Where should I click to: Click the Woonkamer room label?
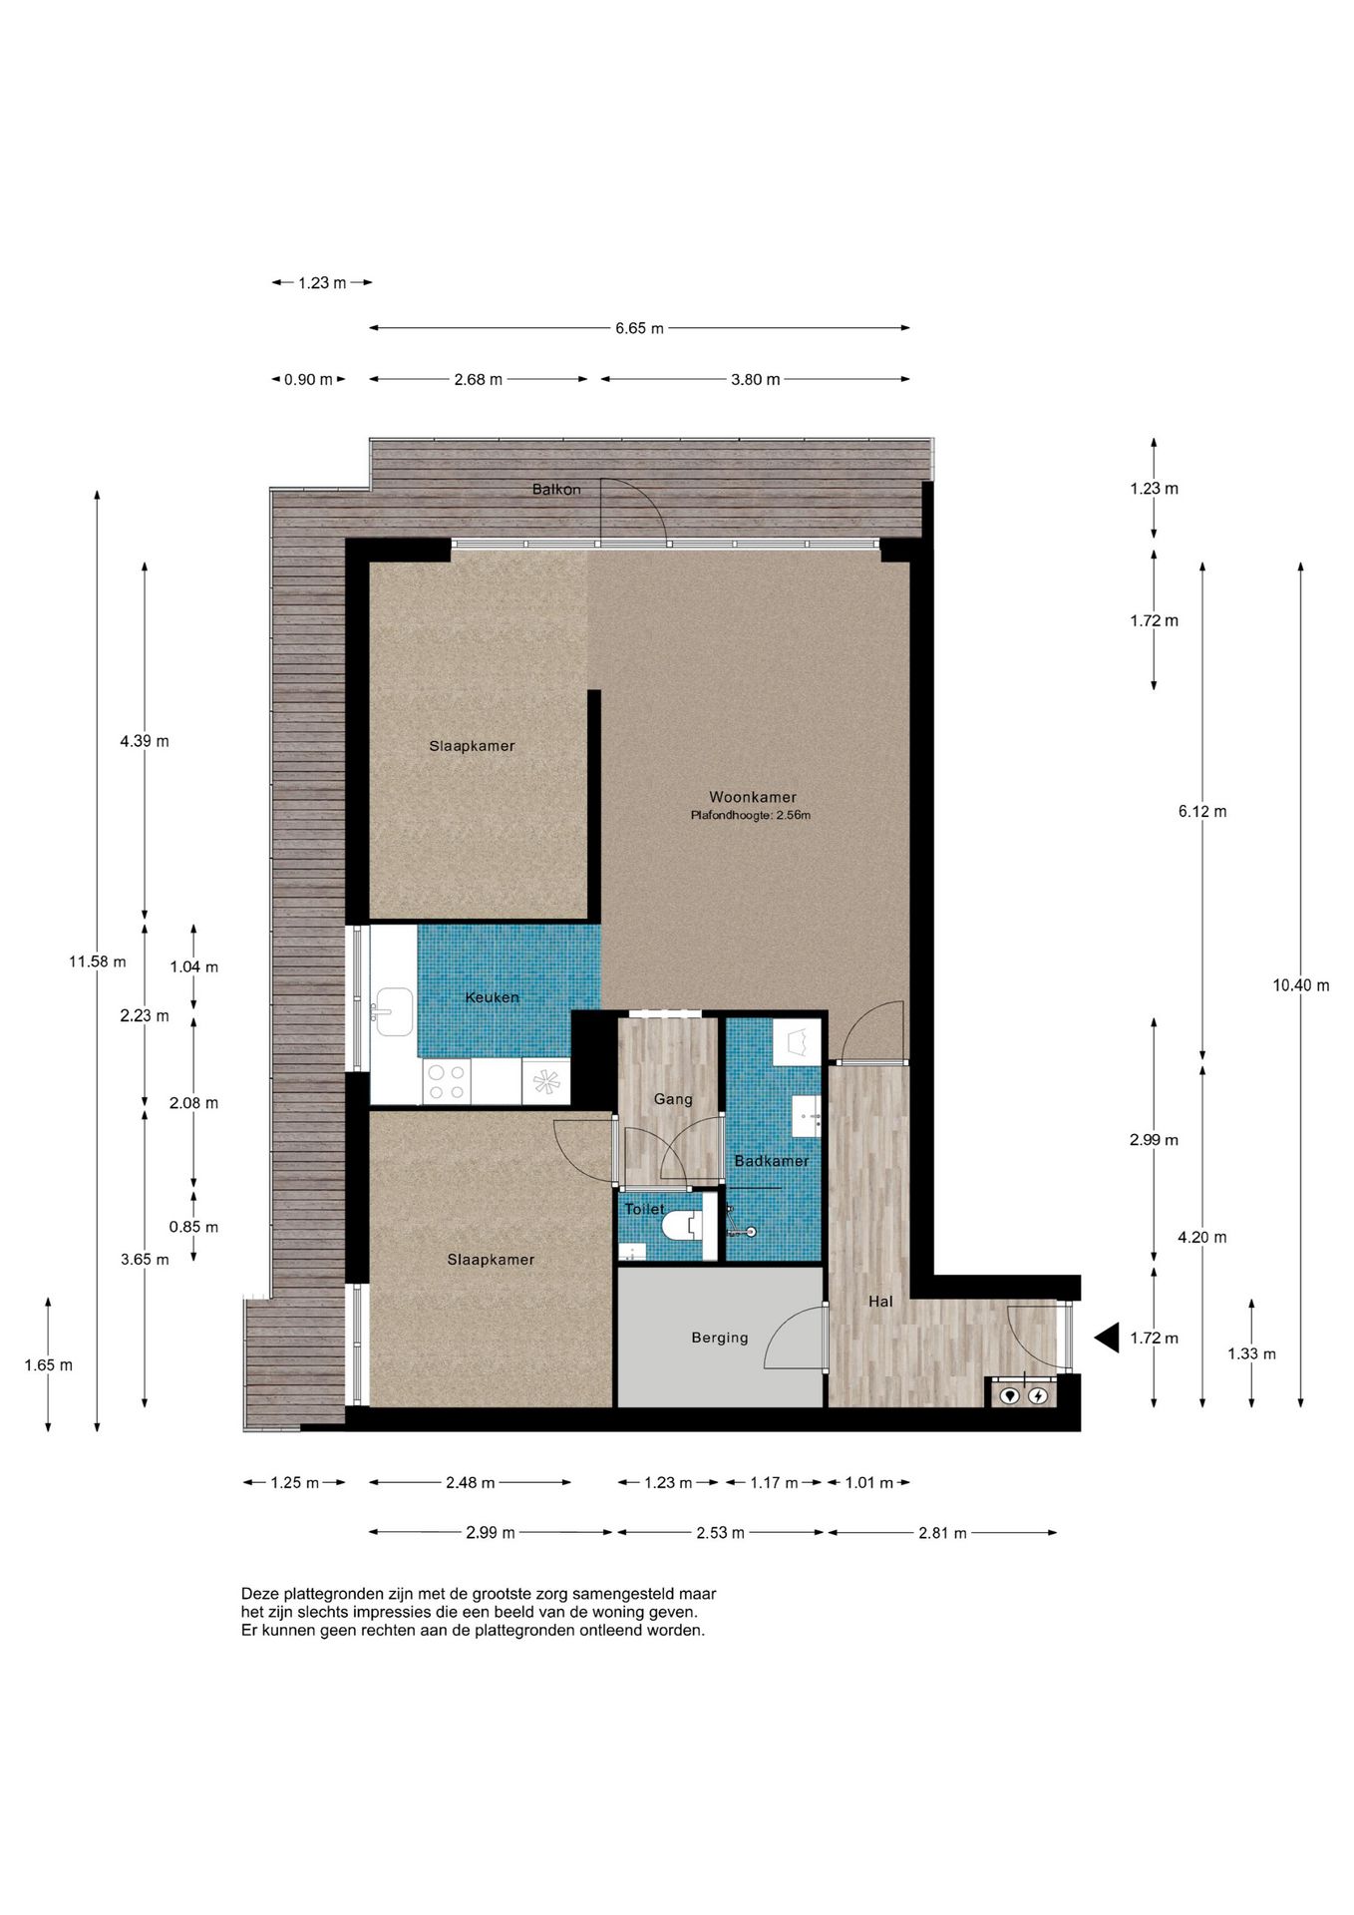pos(753,797)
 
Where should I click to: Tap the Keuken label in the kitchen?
pos(492,997)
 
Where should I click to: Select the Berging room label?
pos(720,1339)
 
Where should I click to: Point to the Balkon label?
pos(556,489)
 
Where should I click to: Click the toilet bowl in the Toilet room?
pos(683,1224)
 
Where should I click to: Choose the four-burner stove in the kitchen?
pos(446,1082)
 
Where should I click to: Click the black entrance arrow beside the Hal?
pos(1107,1338)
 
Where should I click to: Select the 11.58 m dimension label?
pos(97,961)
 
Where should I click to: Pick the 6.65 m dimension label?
pos(639,328)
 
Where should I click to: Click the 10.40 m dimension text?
pos(1300,985)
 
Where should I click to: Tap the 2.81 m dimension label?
pos(942,1533)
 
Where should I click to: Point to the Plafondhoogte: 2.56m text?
pos(751,816)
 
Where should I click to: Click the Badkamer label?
pos(772,1161)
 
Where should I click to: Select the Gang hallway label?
pos(673,1099)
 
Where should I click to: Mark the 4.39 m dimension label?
pos(145,741)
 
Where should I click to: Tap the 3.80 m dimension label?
pos(756,380)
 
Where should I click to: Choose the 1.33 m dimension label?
pos(1251,1353)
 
